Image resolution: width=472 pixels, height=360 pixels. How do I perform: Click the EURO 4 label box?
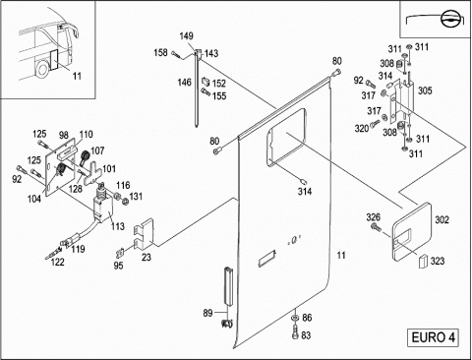433,337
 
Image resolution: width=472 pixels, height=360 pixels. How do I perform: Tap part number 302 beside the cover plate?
442,219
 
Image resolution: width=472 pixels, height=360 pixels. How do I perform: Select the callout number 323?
438,261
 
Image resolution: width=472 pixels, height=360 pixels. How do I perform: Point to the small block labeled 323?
423,261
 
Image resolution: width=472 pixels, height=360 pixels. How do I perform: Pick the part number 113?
118,226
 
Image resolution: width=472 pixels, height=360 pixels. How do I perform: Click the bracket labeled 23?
144,233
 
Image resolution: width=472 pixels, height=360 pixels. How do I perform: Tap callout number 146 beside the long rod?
184,82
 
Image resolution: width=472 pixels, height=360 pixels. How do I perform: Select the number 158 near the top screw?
160,52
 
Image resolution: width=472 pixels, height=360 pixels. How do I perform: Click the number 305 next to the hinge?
425,90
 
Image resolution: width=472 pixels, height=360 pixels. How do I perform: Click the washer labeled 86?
295,317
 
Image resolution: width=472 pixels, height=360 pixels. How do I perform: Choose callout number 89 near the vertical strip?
207,313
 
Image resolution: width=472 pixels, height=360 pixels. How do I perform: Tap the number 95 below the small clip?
118,266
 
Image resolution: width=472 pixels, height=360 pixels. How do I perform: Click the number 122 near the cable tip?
57,262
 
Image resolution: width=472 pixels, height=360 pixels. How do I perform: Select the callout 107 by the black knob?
97,150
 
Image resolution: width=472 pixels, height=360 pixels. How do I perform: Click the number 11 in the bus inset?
77,76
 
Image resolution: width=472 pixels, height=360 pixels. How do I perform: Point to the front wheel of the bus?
42,68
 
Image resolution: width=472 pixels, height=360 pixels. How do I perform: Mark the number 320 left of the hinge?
362,128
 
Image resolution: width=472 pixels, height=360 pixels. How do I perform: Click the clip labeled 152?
206,81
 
